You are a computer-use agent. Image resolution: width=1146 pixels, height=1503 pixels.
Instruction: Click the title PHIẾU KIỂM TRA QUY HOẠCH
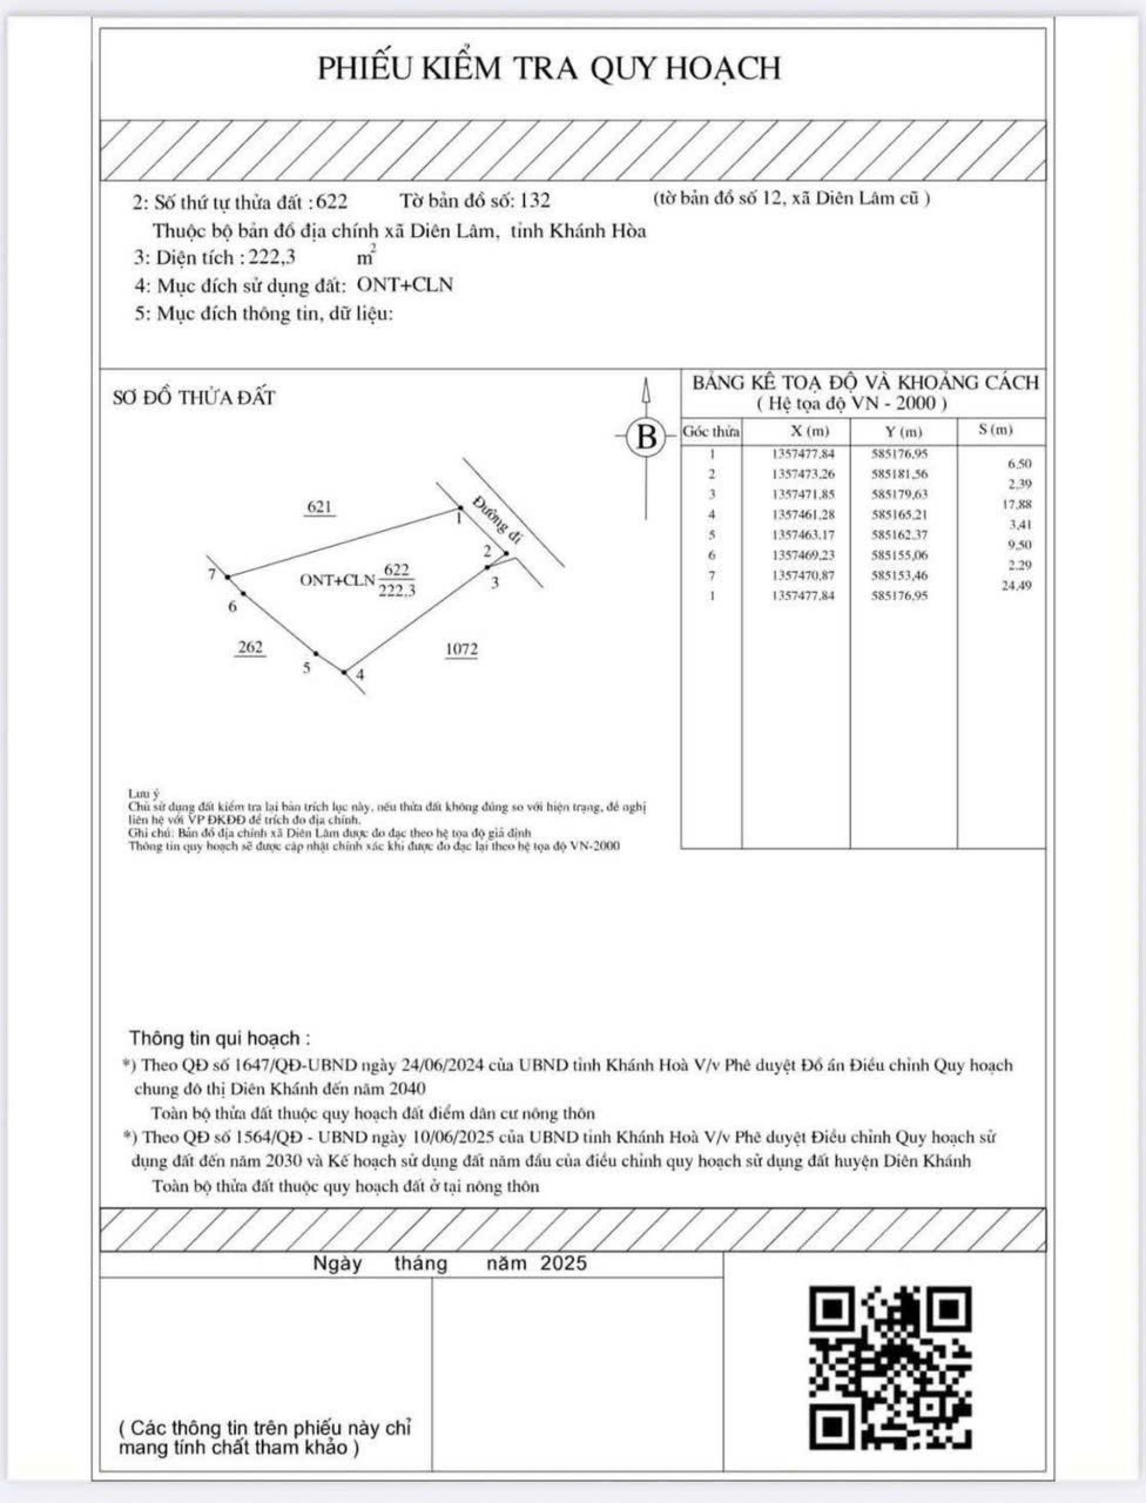(549, 69)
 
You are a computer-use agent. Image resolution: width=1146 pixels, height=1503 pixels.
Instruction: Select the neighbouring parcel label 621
(319, 507)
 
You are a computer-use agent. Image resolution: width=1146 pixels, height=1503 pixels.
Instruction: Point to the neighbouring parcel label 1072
(461, 649)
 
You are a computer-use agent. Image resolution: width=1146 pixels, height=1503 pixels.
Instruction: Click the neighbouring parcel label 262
(250, 647)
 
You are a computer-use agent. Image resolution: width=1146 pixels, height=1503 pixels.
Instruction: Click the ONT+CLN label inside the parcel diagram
(337, 580)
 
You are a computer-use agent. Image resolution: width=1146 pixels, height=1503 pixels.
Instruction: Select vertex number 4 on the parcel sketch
(345, 673)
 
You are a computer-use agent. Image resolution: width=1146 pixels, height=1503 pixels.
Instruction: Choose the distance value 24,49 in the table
(1017, 586)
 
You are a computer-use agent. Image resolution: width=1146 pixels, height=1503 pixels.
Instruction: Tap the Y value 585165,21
(899, 515)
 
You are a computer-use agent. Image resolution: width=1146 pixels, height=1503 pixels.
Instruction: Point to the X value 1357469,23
(803, 555)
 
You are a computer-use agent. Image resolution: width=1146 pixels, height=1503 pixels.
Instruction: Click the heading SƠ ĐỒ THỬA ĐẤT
(194, 398)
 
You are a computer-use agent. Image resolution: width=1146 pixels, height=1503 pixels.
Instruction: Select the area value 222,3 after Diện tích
(272, 258)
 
